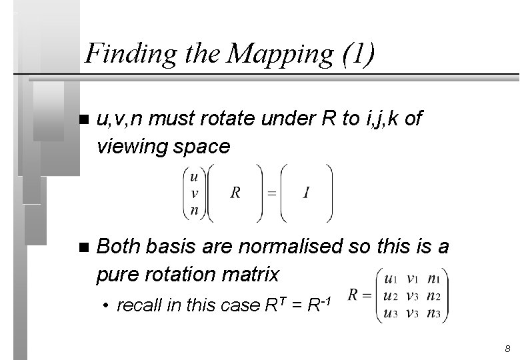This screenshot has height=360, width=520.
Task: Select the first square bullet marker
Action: [83, 121]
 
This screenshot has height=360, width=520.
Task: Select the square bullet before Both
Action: [83, 248]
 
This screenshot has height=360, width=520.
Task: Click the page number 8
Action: [507, 349]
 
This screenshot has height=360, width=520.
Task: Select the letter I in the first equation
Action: [305, 193]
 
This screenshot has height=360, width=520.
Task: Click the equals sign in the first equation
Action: [271, 193]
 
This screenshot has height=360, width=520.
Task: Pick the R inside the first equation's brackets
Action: [235, 193]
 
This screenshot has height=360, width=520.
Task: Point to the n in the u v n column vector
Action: [193, 209]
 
